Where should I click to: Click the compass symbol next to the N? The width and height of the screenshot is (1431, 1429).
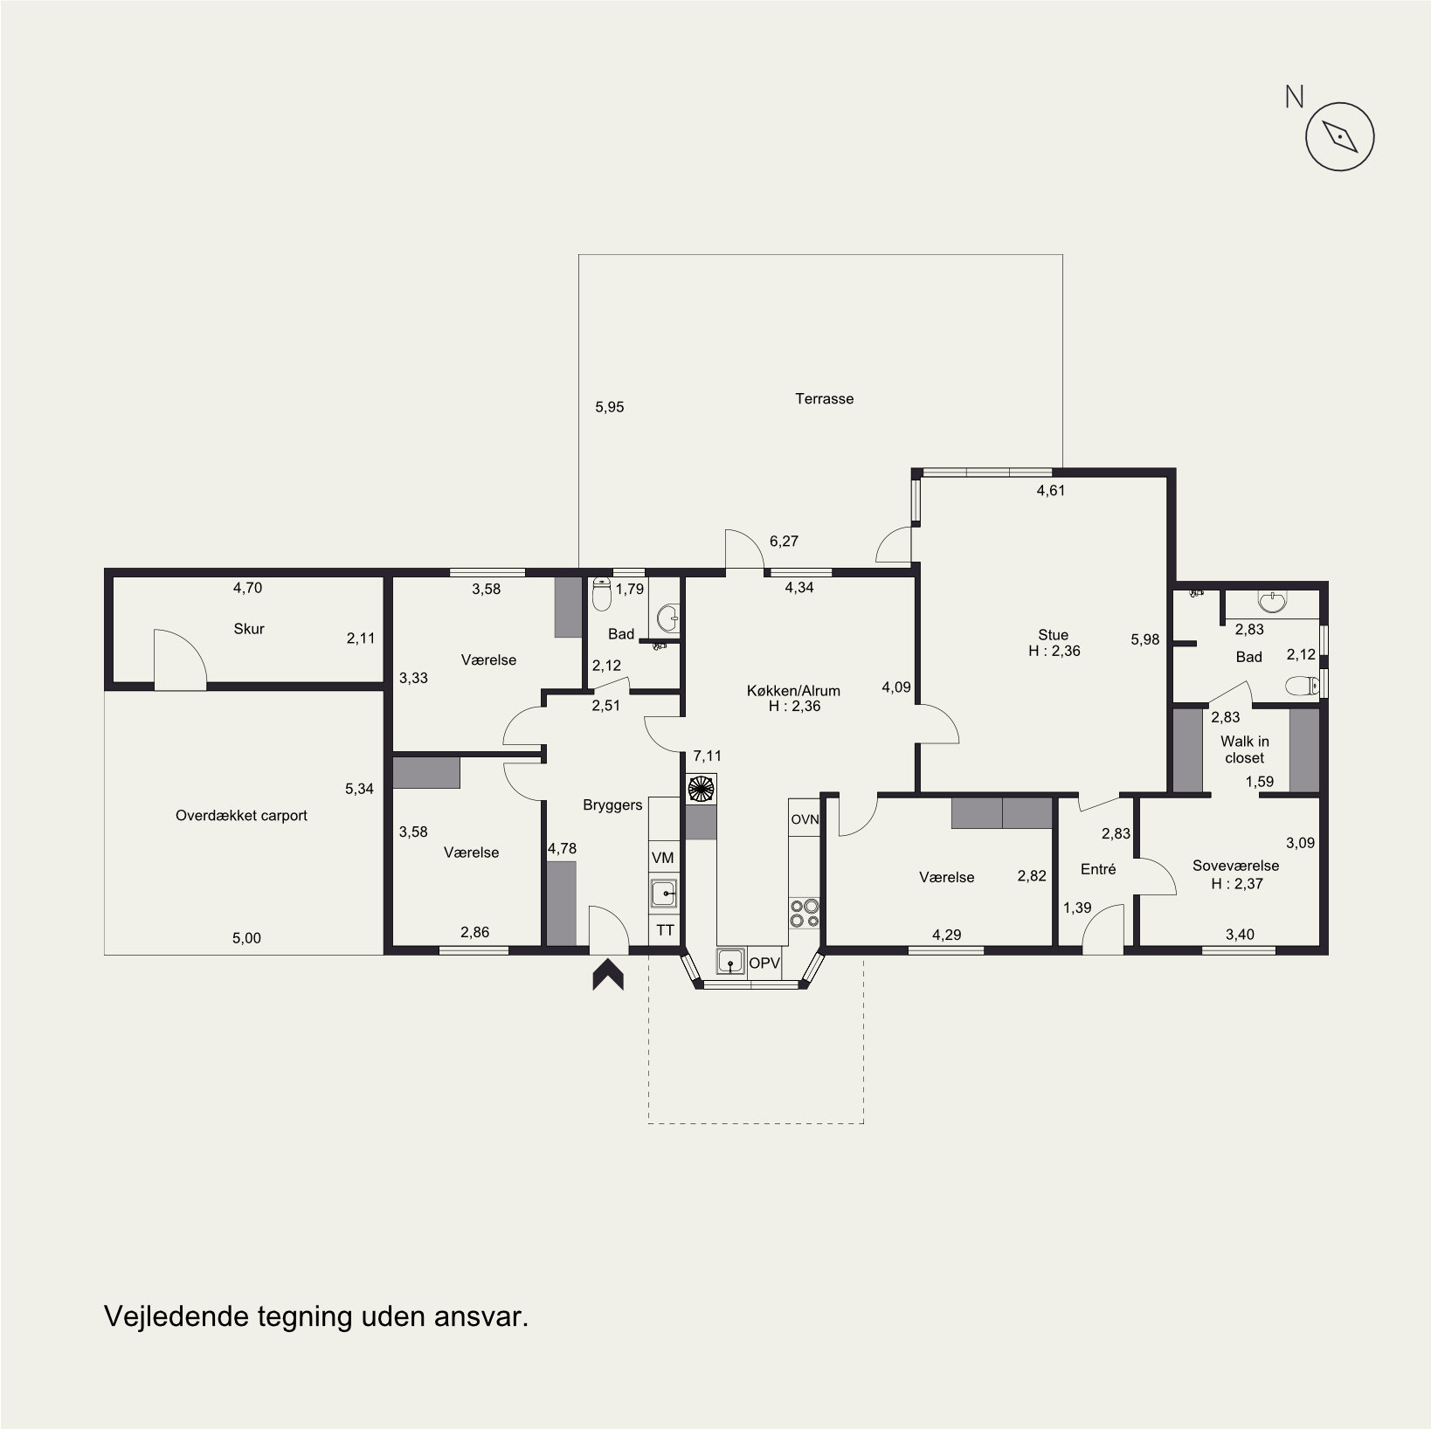1339,136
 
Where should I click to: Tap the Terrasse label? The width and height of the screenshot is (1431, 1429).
824,398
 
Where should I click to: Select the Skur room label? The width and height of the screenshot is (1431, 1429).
249,628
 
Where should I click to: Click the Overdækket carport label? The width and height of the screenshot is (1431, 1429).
241,815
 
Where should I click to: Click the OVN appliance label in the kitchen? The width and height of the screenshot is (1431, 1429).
805,819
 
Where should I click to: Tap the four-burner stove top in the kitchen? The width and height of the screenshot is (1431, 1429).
805,913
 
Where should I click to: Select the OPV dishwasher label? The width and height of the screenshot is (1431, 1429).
764,963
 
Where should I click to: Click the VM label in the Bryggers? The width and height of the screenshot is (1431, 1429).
663,859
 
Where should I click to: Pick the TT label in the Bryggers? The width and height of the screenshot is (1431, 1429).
665,930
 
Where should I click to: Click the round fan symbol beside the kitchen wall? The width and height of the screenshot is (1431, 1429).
702,788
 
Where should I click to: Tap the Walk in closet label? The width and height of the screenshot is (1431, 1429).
1244,749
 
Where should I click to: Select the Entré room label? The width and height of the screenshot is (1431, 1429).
1098,869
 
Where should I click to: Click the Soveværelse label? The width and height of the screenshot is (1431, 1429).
1235,866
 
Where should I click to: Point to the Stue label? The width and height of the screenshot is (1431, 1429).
1053,635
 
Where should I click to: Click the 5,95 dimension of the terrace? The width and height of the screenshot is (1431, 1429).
609,407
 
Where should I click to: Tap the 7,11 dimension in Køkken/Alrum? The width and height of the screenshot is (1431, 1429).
707,756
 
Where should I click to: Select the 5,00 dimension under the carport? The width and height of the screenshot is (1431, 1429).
246,938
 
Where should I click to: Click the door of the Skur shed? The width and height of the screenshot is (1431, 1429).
179,656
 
